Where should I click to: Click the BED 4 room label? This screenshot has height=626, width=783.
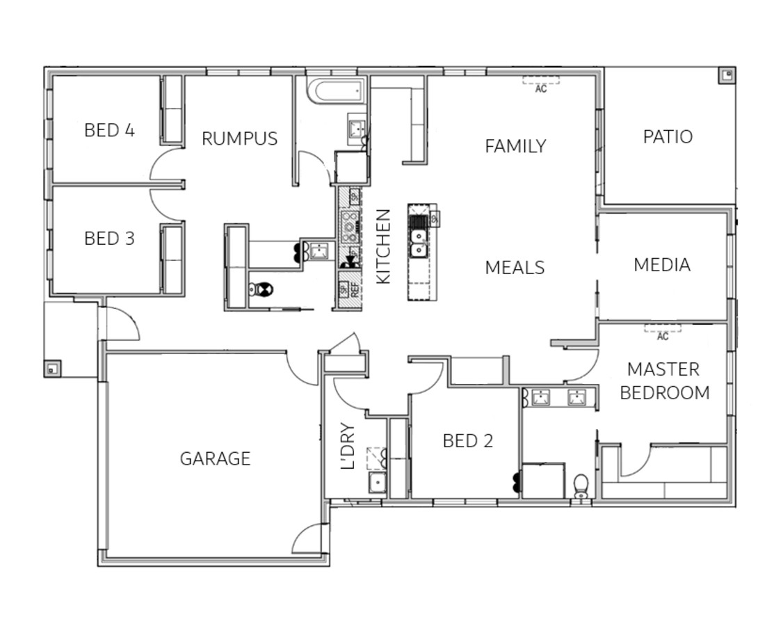tap(109, 130)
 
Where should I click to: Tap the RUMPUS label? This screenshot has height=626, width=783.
tap(239, 138)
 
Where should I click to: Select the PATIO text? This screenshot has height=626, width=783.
tap(668, 136)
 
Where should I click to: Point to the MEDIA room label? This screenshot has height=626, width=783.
tap(662, 265)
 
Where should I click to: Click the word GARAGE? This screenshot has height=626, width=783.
tap(215, 459)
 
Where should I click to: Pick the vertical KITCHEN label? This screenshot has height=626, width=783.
tap(383, 246)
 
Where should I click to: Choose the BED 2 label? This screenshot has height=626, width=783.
tap(467, 441)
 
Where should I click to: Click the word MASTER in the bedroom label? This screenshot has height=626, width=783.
tap(663, 369)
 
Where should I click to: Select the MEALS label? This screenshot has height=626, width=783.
tap(515, 268)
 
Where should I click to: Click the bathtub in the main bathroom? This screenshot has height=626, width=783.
tap(336, 91)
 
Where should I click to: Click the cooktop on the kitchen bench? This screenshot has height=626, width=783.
tap(349, 223)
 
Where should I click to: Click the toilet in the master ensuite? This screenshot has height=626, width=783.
tap(581, 485)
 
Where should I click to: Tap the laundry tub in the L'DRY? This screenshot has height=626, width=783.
tap(378, 482)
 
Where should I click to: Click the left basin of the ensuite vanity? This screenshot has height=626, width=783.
tap(541, 398)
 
